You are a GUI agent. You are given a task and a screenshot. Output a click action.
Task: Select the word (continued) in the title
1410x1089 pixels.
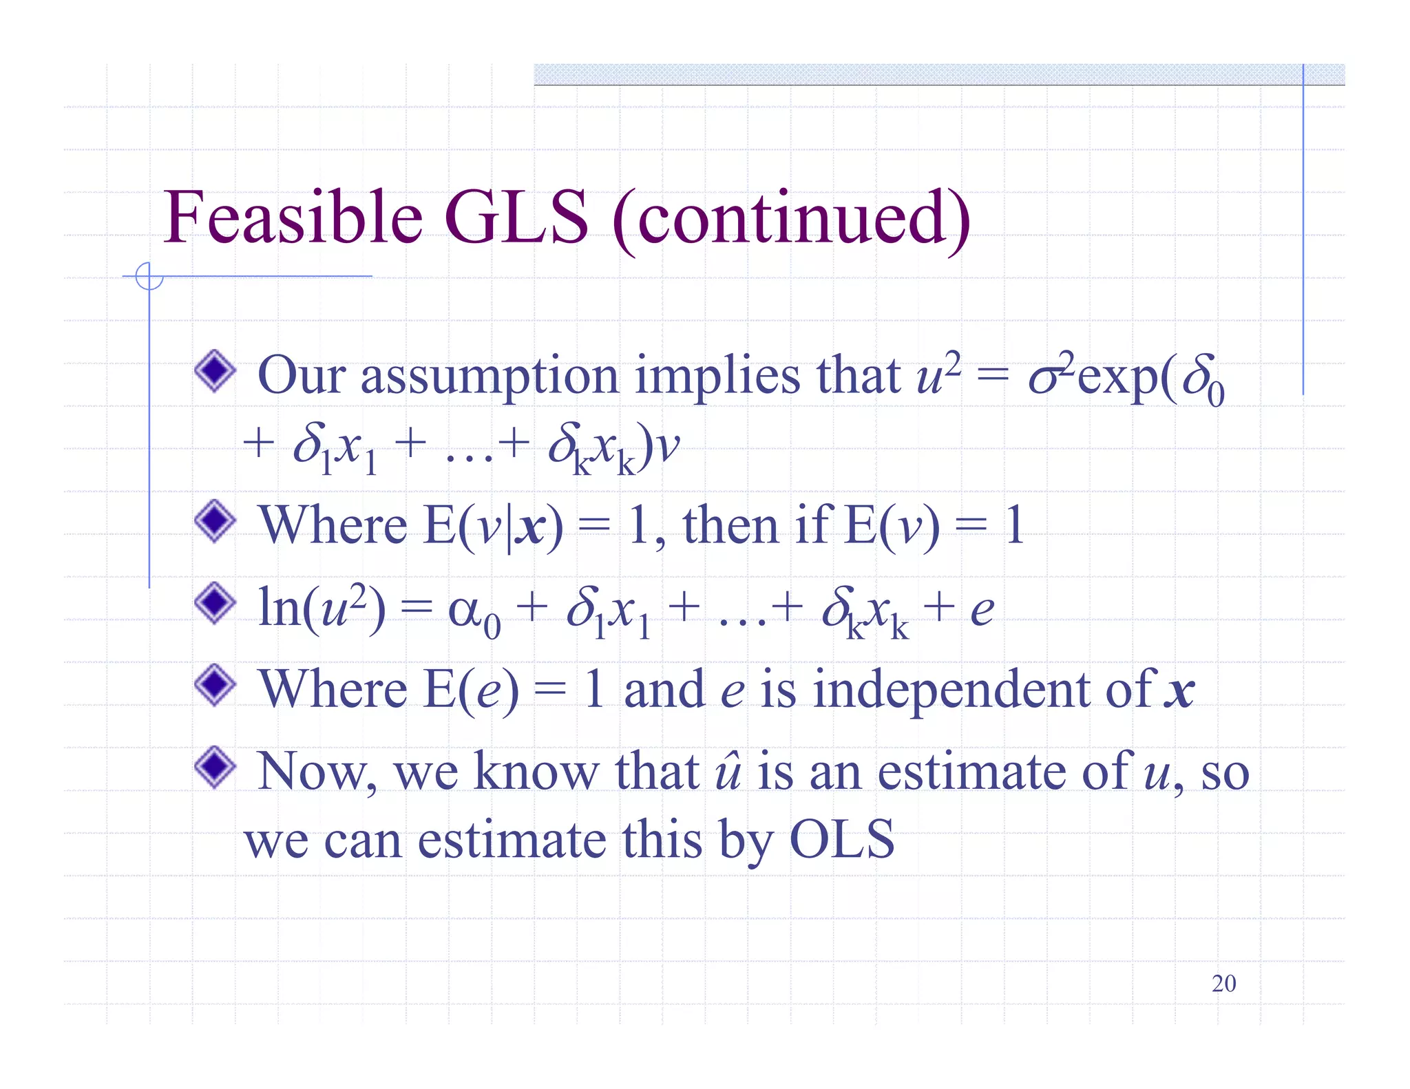pos(791,219)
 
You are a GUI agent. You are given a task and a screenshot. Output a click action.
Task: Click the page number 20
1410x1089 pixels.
pos(1223,984)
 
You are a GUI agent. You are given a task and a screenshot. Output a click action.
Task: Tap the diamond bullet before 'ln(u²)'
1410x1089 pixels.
pos(215,603)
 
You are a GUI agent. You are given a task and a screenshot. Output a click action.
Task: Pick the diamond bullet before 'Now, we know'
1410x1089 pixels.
pos(215,767)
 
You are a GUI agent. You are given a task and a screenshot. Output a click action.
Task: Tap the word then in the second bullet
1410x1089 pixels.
pos(730,525)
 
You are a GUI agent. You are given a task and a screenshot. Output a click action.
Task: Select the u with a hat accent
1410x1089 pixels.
pos(728,772)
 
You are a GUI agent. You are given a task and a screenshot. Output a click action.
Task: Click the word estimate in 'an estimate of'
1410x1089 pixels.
pos(971,772)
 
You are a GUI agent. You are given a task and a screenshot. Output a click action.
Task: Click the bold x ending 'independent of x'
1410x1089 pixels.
pos(1179,691)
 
